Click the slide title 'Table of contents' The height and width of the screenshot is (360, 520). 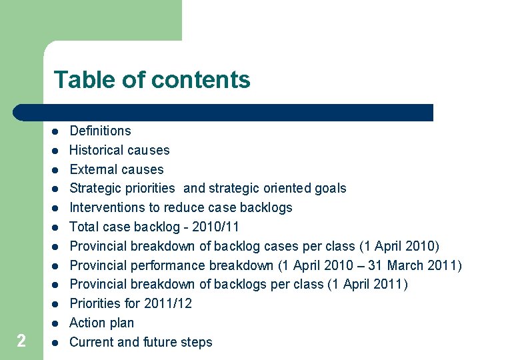coord(152,80)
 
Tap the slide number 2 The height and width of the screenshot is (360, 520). coord(21,341)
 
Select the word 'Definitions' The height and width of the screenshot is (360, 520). coord(100,131)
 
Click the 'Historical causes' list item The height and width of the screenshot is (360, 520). coord(119,150)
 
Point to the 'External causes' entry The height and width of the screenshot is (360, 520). coord(116,169)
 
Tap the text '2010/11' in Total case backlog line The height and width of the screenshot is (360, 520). coord(217,227)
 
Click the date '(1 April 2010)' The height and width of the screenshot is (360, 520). coord(398,246)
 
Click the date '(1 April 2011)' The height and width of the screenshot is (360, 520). coord(367,285)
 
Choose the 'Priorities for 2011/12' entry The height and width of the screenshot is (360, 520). coord(131,303)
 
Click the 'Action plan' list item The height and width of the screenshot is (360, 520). coord(101,323)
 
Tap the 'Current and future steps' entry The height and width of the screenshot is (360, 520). coord(141,342)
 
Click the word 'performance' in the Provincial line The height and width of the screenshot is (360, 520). coord(160,265)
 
